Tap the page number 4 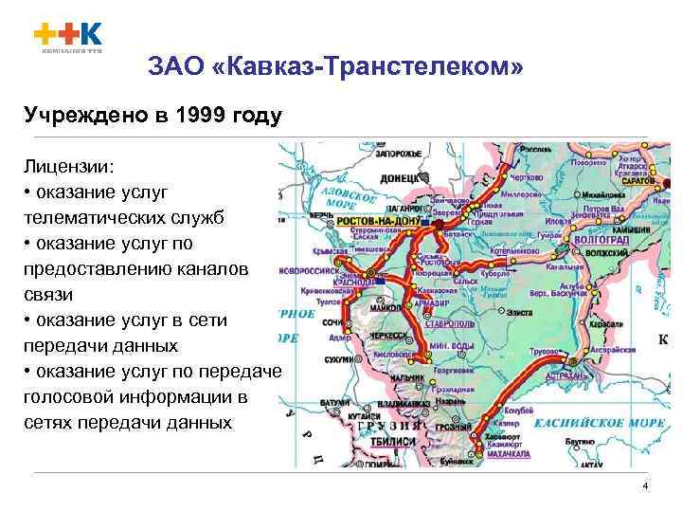(645, 486)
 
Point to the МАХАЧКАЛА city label (509, 455)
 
